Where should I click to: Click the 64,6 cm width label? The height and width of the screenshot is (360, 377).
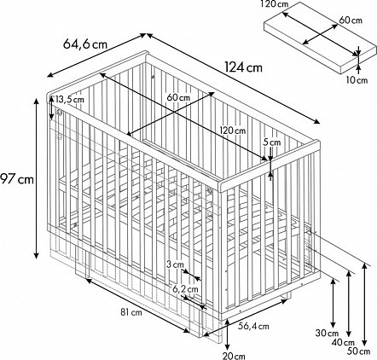85,44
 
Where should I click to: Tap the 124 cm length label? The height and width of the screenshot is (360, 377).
243,67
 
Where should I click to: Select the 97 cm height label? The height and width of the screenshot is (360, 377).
17,179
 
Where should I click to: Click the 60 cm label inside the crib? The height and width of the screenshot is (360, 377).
178,97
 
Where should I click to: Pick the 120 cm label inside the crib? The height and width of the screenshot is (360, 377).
233,131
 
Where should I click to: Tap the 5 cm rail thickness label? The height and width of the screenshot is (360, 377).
272,142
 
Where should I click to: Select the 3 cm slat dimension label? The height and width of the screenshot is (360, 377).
175,264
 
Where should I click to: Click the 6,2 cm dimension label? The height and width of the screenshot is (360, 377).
185,289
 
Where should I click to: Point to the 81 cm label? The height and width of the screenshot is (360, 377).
131,312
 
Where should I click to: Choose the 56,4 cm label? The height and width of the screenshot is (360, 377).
253,326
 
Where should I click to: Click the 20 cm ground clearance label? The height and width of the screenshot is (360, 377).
235,356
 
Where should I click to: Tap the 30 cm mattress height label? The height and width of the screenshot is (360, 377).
328,333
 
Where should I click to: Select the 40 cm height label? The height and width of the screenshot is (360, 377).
343,343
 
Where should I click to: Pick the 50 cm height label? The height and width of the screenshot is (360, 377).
359,351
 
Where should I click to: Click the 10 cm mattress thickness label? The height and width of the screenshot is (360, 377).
357,80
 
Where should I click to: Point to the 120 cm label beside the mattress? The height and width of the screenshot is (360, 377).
275,4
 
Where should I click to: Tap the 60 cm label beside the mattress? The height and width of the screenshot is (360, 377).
351,20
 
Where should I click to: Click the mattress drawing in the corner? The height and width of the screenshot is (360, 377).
320,38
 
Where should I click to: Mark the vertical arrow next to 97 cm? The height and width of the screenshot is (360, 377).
37,178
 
